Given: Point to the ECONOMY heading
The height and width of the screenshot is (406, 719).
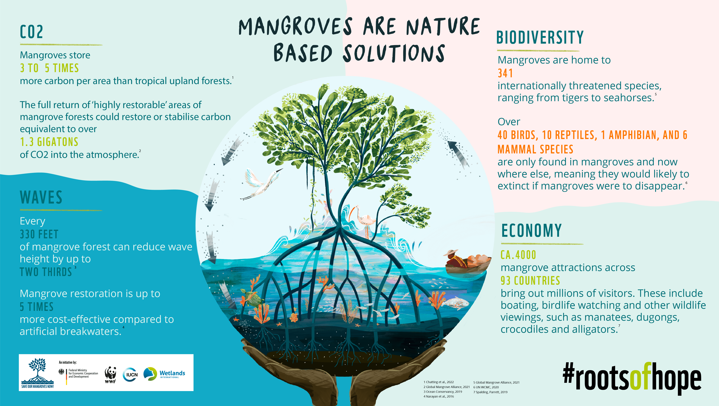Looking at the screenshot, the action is pos(531,231).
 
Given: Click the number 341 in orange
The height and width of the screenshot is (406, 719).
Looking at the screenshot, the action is pos(505,73).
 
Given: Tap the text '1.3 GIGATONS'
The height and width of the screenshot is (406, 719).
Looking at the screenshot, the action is pos(49,142).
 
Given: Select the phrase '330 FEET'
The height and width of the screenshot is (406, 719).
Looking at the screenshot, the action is pos(39,234).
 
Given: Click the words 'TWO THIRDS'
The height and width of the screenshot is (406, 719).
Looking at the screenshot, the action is pos(46,272).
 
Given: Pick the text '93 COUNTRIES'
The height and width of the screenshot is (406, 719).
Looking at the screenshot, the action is pos(530,281).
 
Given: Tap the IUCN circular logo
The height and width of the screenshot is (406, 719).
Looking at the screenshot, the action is pos(130,374).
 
